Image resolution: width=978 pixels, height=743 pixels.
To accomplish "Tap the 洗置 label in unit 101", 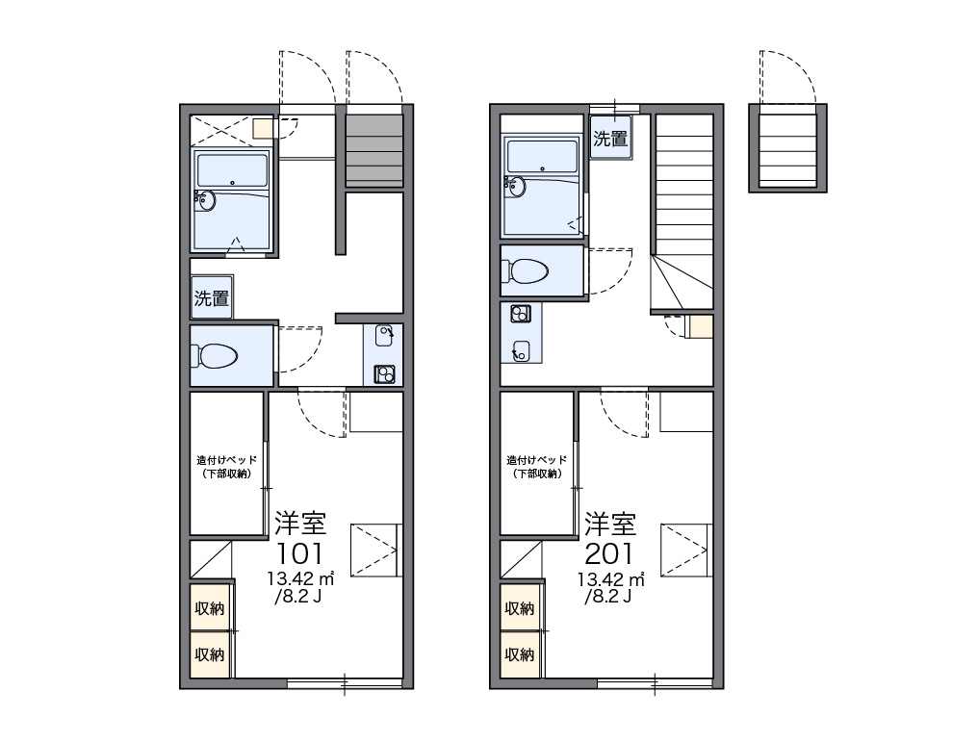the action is pos(212,298).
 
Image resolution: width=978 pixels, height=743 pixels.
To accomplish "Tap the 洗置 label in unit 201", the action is pos(610,138).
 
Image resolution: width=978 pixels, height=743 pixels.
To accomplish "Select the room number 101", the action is pos(300,553).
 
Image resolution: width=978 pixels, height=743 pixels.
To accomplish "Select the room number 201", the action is pos(609,553).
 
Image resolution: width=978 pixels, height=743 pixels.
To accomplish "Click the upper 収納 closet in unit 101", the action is pos(210,607).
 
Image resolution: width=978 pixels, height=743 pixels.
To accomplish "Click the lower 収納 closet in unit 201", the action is pos(520,654).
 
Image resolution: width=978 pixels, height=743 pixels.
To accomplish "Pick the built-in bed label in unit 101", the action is pos(226,467).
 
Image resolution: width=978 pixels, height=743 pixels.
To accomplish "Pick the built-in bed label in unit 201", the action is pos(536,467).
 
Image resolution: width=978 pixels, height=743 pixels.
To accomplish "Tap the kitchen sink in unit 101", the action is pos(384,336).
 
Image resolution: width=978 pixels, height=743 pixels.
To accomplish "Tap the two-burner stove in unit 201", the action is pos(521,313).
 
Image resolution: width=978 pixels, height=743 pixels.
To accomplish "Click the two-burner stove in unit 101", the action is pos(385,374).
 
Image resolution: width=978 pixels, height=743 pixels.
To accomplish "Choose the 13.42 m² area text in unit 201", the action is pos(610,579).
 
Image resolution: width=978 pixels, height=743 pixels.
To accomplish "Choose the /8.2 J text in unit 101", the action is pos(298,597).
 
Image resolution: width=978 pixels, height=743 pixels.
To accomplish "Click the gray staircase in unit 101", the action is pos(374,150).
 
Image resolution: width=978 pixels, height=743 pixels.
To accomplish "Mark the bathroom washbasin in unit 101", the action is pos(205,200).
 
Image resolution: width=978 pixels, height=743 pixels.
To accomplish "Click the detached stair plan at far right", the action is pos(787,148).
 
